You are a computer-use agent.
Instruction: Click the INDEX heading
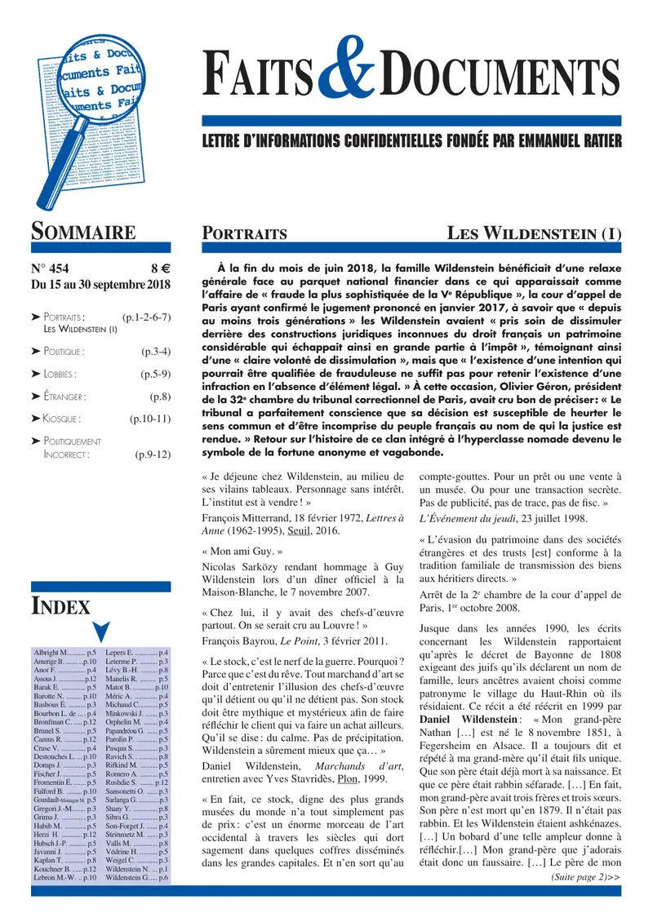[60, 605]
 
